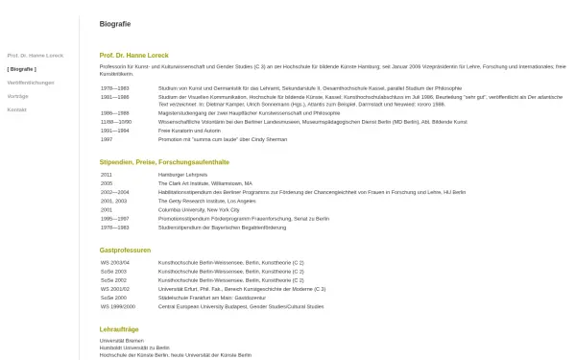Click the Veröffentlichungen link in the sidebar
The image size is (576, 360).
(31, 83)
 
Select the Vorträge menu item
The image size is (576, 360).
(18, 96)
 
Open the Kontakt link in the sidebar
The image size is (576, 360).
(17, 109)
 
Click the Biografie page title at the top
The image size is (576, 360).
(115, 22)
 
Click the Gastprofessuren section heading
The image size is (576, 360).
(125, 250)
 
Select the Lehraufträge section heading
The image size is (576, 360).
(119, 329)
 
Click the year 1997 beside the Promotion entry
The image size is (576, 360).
(108, 138)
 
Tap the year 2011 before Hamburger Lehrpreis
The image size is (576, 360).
(107, 175)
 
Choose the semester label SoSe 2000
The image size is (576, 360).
(113, 297)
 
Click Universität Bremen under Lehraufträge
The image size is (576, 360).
(119, 341)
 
